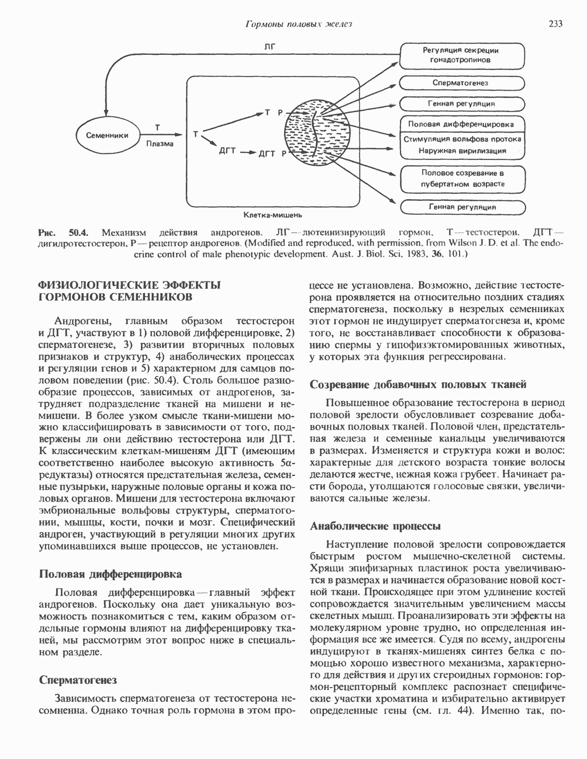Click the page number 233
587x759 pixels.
pos(555,24)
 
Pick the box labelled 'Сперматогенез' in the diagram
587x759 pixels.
pos(464,83)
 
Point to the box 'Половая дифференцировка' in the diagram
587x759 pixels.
pos(464,124)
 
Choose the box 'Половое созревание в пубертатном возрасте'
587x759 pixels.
pos(464,178)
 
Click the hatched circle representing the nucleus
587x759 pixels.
pos(315,132)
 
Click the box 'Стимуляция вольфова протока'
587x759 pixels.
pos(464,139)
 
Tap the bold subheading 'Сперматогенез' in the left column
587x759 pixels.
pos(78,680)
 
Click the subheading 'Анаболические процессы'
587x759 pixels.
pos(375,525)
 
